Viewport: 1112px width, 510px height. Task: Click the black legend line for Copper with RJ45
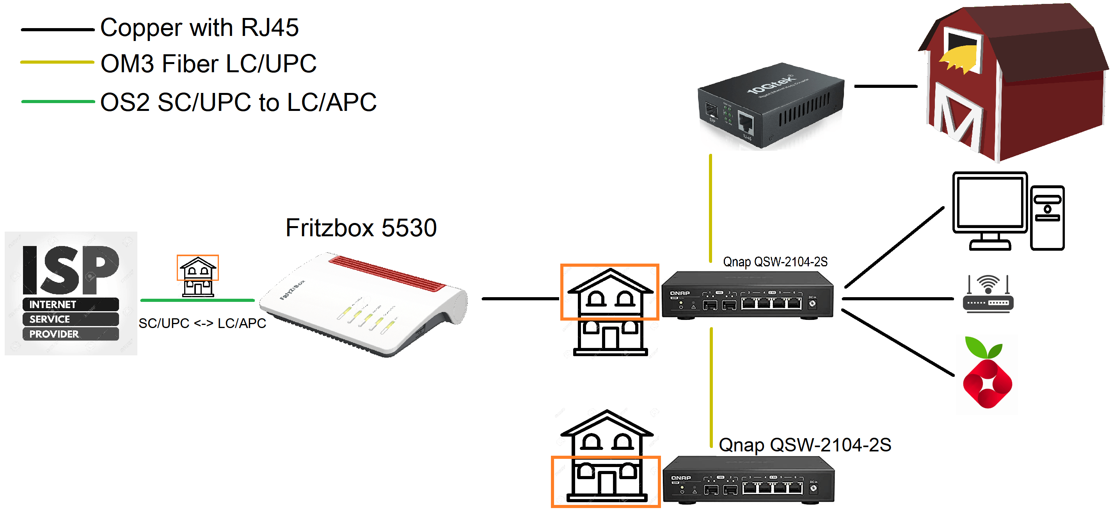(57, 30)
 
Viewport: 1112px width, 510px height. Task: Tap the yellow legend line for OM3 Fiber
(57, 62)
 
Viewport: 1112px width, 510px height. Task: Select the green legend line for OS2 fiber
(57, 102)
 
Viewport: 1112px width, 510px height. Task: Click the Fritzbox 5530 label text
(361, 228)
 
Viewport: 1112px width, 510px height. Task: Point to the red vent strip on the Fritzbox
(387, 273)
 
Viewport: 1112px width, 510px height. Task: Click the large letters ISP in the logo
(70, 270)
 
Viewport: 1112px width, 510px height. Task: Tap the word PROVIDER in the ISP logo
(54, 334)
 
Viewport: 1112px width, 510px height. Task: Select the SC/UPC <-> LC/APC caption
(202, 323)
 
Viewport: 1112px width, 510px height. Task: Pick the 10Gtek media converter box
(771, 106)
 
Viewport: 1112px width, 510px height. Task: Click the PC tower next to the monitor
(1047, 218)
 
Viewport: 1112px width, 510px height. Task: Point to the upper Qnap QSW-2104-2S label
(775, 262)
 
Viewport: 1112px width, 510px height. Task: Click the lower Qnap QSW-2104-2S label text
(805, 445)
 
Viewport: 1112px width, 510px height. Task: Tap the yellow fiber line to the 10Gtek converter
(711, 207)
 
